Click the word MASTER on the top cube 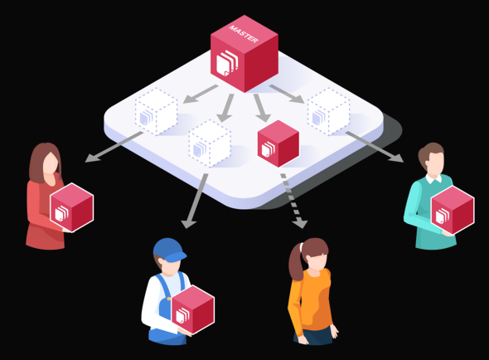coord(244,34)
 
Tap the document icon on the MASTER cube coord(227,63)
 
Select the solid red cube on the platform coord(278,144)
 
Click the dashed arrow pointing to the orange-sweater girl coord(293,201)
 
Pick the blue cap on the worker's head coord(169,250)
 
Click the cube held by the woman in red coord(72,207)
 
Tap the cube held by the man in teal coord(453,210)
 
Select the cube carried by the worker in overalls coord(193,309)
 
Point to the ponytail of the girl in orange coord(295,261)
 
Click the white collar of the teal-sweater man coord(433,179)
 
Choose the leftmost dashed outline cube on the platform coord(157,112)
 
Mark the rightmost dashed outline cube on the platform coord(328,112)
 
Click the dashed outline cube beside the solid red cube coord(210,144)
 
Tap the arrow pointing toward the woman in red coord(114,147)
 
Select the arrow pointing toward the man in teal coord(375,147)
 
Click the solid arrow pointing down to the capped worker coord(195,201)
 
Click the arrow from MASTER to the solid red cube coord(262,108)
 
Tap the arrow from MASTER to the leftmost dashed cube coord(201,94)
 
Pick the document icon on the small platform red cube coord(269,149)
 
